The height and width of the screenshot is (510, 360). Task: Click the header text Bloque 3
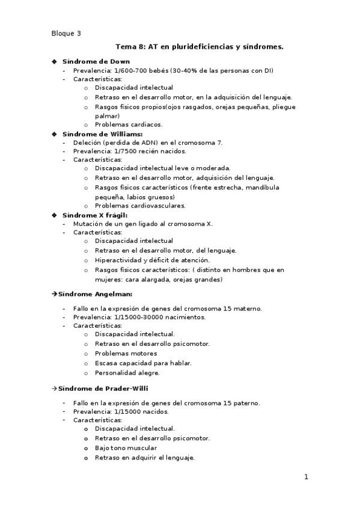[66, 34]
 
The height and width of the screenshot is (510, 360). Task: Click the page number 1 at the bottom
[306, 478]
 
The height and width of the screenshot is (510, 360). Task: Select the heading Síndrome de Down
[96, 61]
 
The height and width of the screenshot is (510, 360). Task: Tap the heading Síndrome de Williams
[102, 134]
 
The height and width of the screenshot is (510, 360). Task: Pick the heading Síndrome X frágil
[95, 215]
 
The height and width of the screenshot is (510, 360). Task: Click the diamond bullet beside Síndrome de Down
[54, 61]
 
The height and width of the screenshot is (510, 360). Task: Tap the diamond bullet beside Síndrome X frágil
[54, 215]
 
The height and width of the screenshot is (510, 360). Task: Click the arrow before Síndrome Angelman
[53, 294]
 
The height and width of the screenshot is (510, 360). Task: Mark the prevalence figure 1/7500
[120, 151]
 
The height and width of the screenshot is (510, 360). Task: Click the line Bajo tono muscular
[126, 448]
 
